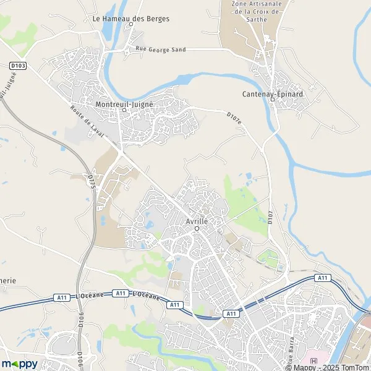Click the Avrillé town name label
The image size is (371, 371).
(196, 221)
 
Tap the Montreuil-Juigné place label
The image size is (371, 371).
(124, 105)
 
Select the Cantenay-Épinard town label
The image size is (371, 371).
(272, 95)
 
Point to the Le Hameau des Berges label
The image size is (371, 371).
(130, 19)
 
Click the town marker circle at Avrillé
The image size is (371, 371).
(197, 229)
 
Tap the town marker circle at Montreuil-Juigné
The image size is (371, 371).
(124, 112)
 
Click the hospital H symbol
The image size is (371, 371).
(314, 361)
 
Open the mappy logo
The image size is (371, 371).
(19, 364)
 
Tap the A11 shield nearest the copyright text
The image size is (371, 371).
(322, 278)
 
